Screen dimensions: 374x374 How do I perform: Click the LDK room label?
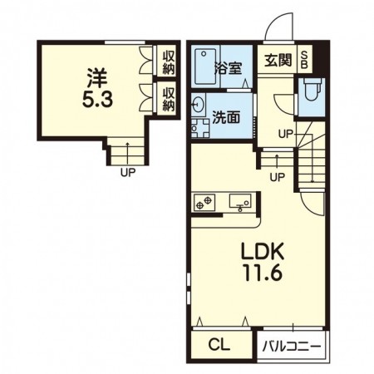(x=263, y=252)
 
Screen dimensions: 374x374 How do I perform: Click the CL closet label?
(x=219, y=345)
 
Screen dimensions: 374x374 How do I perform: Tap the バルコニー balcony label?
(x=292, y=347)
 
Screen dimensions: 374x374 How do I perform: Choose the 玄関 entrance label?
(x=278, y=60)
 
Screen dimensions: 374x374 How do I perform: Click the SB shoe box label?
(x=304, y=60)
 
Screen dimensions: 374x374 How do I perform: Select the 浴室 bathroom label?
(x=229, y=68)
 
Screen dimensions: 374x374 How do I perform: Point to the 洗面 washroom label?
(x=226, y=117)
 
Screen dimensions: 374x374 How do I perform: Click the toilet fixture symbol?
(x=312, y=89)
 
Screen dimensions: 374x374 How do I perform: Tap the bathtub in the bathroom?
(x=205, y=66)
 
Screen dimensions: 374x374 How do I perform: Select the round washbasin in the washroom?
(x=198, y=105)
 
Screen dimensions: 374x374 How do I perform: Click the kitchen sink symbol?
(x=240, y=202)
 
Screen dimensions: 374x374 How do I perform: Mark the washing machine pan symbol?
(x=200, y=128)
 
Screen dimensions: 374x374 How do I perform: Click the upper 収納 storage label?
(x=169, y=63)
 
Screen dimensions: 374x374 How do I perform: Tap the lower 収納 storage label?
(x=169, y=99)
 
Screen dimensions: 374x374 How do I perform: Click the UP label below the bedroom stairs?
(x=128, y=173)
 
